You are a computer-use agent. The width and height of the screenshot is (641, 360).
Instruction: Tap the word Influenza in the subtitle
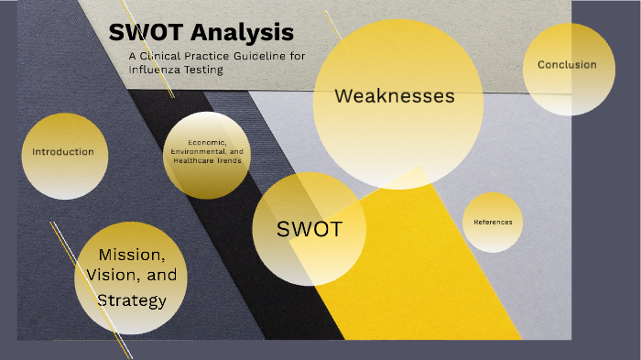point(157,69)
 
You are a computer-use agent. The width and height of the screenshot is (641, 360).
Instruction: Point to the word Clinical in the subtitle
point(167,56)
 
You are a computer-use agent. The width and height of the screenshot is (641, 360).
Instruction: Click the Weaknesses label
point(395,96)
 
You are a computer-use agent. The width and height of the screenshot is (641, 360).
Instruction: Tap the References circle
point(493,223)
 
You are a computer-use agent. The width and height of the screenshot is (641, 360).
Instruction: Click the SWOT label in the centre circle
point(309,229)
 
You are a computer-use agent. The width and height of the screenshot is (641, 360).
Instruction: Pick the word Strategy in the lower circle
point(132,300)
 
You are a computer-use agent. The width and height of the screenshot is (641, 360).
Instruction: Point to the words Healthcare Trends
point(207,160)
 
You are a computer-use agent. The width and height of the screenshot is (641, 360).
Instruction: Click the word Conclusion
point(567,65)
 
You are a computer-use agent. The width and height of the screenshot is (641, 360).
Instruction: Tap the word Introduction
point(63,152)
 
